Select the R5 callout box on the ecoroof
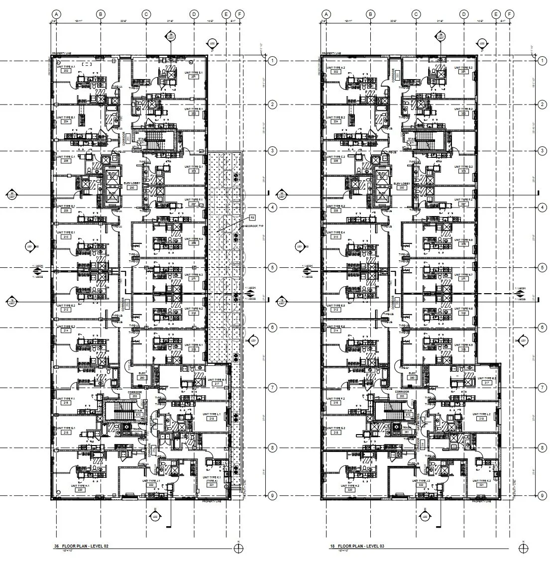252,218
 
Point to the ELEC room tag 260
142,378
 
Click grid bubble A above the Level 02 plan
56,14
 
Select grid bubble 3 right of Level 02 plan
272,151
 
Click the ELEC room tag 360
412,378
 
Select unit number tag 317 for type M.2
481,382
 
